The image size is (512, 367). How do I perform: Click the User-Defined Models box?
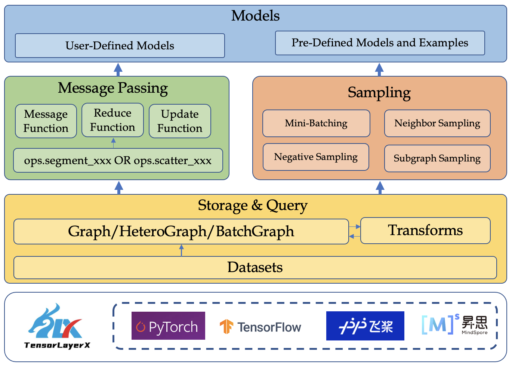(x=120, y=46)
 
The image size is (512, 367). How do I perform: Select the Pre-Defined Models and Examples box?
(x=380, y=43)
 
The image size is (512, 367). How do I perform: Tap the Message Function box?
(x=46, y=121)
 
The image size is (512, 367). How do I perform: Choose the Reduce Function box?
(x=112, y=120)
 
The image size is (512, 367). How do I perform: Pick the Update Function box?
(x=180, y=121)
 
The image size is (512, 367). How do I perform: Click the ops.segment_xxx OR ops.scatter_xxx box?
(x=118, y=160)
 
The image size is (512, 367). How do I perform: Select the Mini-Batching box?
(x=316, y=123)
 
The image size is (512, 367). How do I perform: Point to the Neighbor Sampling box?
(x=437, y=123)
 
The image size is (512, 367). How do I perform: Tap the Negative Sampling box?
(x=316, y=157)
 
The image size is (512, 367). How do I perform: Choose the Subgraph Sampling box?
(x=437, y=158)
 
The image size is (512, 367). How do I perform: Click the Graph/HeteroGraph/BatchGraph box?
(x=181, y=231)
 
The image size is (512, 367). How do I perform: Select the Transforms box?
(x=425, y=231)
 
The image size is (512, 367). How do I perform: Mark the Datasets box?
(x=255, y=268)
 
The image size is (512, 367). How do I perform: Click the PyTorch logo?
(x=168, y=326)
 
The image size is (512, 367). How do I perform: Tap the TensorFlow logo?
(x=260, y=327)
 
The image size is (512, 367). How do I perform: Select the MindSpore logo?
(x=454, y=324)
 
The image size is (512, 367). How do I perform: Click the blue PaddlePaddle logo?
(x=365, y=326)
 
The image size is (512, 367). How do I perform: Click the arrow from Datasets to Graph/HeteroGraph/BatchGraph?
(x=182, y=250)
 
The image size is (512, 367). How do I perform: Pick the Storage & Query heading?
(x=253, y=206)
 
